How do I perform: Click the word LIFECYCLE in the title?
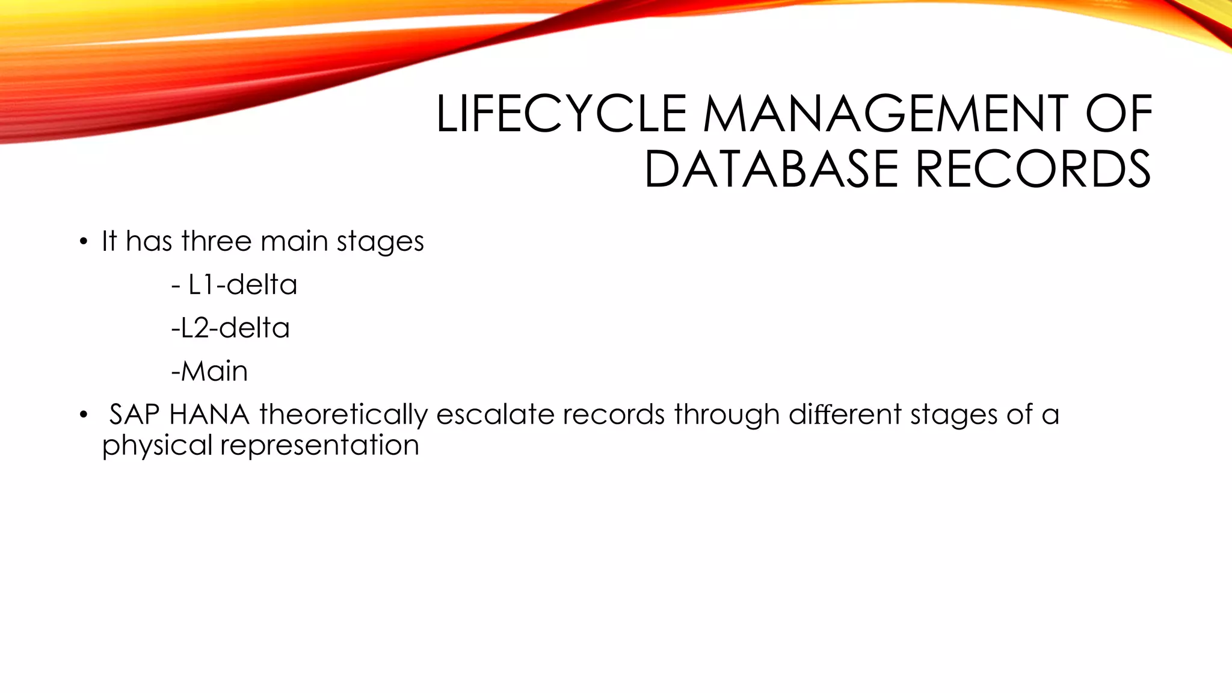[561, 114]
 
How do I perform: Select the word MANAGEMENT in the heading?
[885, 114]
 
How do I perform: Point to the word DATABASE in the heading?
[771, 170]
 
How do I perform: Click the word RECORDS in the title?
[1032, 170]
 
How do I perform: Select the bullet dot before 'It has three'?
[84, 243]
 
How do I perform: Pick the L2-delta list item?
[230, 328]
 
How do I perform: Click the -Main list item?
[209, 371]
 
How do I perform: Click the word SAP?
[134, 414]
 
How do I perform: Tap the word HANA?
[209, 414]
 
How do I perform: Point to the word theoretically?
[343, 415]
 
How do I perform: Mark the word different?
[845, 414]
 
